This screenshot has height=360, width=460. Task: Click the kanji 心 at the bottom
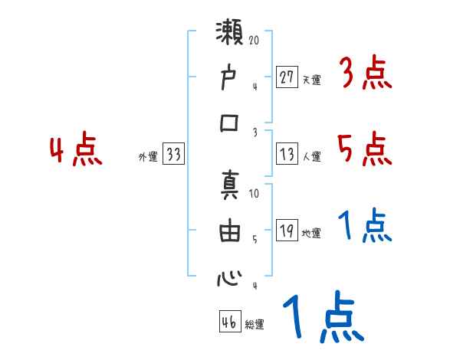pyautogui.click(x=229, y=277)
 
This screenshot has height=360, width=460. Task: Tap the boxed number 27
pyautogui.click(x=287, y=76)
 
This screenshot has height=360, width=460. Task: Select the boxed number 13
pyautogui.click(x=287, y=154)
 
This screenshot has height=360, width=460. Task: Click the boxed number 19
pyautogui.click(x=287, y=231)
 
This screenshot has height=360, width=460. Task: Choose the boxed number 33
pyautogui.click(x=173, y=155)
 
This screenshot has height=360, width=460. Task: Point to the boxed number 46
pyautogui.click(x=229, y=322)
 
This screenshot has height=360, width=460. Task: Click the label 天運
pyautogui.click(x=312, y=79)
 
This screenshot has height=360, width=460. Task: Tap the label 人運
pyautogui.click(x=312, y=156)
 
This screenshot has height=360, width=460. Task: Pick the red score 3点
pyautogui.click(x=365, y=74)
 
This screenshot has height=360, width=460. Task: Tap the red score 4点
pyautogui.click(x=76, y=149)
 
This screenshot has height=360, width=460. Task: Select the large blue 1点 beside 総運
pyautogui.click(x=322, y=319)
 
